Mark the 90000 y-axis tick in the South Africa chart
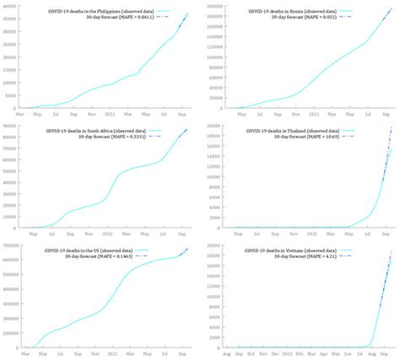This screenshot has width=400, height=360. pos(11,125)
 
